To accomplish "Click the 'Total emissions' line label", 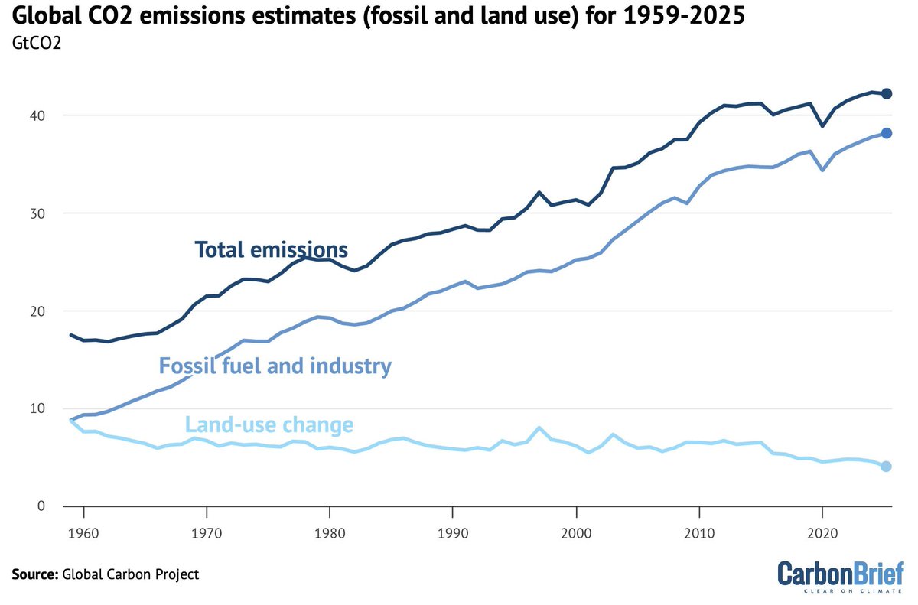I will click(x=272, y=249).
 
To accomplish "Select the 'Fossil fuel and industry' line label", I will click(x=275, y=366).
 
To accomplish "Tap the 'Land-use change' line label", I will click(x=269, y=424).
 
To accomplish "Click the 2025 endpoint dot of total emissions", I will click(x=886, y=93).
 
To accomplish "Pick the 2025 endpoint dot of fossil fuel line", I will click(x=886, y=133).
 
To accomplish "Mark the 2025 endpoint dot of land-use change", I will click(x=886, y=467).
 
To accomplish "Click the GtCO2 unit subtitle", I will click(x=37, y=43).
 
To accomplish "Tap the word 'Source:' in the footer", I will click(x=33, y=574).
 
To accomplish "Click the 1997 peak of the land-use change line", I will click(x=539, y=428).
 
